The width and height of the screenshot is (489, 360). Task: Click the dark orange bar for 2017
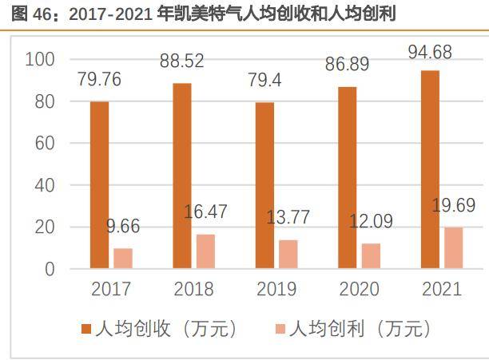click(x=99, y=185)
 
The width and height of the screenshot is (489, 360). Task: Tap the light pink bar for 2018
click(x=205, y=251)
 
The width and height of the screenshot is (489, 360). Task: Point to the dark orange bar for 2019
click(x=264, y=186)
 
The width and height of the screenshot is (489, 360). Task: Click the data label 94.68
click(x=430, y=54)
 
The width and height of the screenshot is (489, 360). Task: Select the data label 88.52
click(x=181, y=61)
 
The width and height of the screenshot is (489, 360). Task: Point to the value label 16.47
click(x=206, y=212)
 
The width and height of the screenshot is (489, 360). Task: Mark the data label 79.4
click(x=264, y=81)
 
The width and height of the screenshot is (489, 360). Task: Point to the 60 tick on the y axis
click(x=45, y=144)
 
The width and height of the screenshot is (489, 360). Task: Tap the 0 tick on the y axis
click(x=50, y=269)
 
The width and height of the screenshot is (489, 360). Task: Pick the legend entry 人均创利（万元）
click(x=360, y=328)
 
